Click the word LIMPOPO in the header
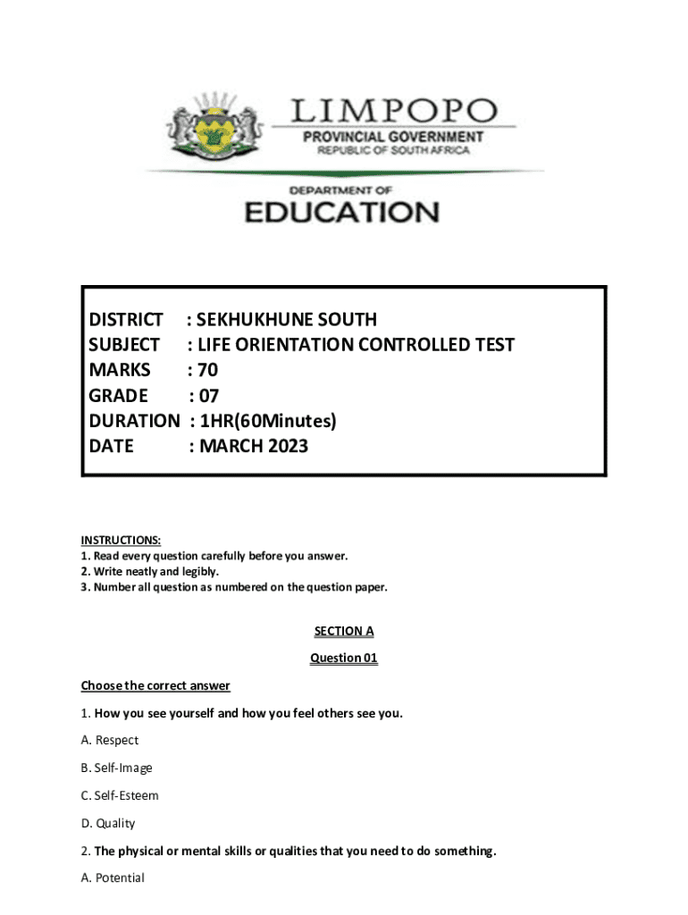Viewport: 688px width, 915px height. [x=392, y=112]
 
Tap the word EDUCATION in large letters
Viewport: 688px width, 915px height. [x=342, y=212]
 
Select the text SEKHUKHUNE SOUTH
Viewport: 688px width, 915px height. [x=286, y=319]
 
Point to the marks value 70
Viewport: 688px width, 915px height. [x=207, y=369]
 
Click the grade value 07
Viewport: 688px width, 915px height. [x=207, y=394]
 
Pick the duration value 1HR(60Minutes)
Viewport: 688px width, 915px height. [x=269, y=420]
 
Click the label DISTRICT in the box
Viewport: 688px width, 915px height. [x=126, y=319]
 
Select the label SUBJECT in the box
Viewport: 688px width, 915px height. [x=125, y=344]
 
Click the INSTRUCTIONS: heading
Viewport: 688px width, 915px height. [x=122, y=540]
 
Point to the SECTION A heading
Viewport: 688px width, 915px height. [x=344, y=631]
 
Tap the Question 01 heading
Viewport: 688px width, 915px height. [x=344, y=659]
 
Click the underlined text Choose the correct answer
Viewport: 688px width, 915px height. [x=155, y=685]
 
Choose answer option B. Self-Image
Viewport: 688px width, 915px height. [x=117, y=768]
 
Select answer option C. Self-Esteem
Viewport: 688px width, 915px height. [x=120, y=795]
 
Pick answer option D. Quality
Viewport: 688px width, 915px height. [x=108, y=823]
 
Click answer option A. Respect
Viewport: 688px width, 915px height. [x=110, y=740]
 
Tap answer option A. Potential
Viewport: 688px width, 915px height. [x=113, y=877]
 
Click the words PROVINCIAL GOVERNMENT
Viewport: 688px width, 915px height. [x=393, y=137]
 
